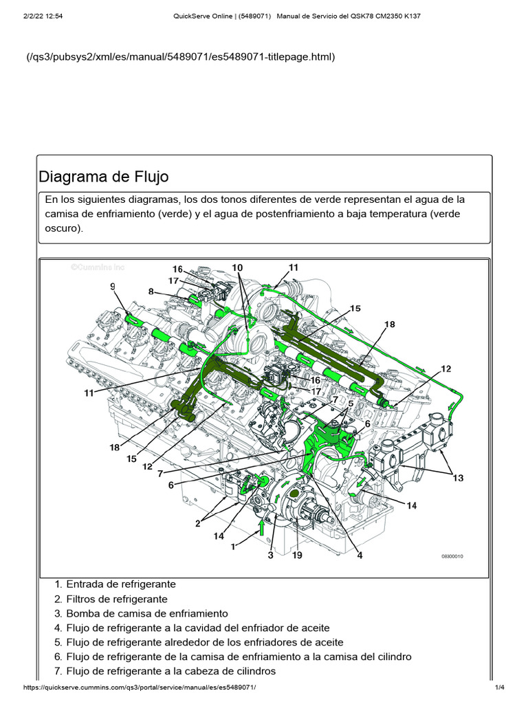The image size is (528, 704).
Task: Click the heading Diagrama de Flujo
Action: tap(104, 176)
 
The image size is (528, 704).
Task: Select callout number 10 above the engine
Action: tap(237, 267)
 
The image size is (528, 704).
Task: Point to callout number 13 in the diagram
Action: tap(458, 478)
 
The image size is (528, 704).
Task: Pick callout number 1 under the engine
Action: tap(233, 547)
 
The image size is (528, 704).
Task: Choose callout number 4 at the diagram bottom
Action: tap(359, 555)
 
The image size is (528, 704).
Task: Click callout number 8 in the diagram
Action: tap(151, 291)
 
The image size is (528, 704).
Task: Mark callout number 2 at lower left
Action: tap(197, 523)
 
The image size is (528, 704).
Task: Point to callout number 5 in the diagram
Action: tap(350, 404)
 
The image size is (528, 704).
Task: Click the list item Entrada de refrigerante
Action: tap(120, 584)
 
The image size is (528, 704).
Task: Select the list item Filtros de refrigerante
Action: tap(116, 599)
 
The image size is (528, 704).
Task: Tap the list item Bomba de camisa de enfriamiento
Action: tap(146, 613)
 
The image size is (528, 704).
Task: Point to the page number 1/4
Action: tap(500, 688)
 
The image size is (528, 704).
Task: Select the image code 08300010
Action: tap(452, 556)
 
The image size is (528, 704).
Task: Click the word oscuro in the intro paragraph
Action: tap(63, 228)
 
